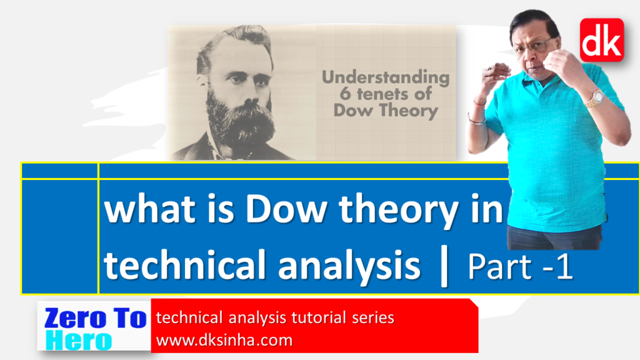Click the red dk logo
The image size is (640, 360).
tap(601, 40)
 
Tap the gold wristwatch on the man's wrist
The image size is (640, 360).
tap(594, 97)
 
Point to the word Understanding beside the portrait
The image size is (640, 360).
tap(385, 78)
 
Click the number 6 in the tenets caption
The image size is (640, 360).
tap(339, 95)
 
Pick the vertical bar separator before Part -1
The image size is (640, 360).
tap(444, 267)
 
